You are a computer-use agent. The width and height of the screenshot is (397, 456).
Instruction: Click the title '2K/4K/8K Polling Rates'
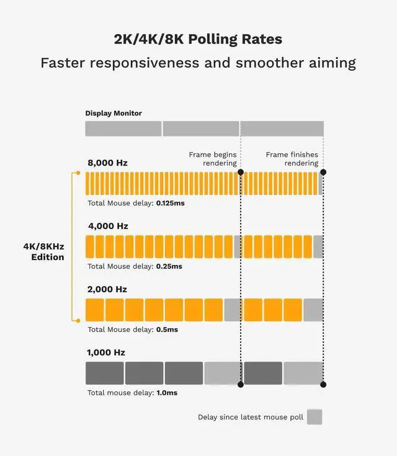pyautogui.click(x=198, y=39)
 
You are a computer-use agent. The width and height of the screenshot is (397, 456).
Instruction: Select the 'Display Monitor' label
pyautogui.click(x=114, y=113)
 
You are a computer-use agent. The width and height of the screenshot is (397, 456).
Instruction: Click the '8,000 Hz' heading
pyautogui.click(x=107, y=163)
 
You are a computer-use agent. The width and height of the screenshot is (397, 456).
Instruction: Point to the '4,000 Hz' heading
pyautogui.click(x=107, y=226)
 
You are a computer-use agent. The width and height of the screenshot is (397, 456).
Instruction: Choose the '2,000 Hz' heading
pyautogui.click(x=107, y=289)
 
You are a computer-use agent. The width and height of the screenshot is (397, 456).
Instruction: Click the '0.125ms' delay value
pyautogui.click(x=171, y=203)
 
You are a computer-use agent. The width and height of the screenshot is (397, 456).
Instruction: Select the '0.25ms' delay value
pyautogui.click(x=169, y=266)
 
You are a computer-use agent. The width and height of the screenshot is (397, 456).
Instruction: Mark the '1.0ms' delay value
pyautogui.click(x=166, y=393)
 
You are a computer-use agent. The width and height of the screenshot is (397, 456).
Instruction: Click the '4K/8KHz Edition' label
pyautogui.click(x=43, y=251)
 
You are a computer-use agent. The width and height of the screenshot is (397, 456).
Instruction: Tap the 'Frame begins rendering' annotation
pyautogui.click(x=213, y=159)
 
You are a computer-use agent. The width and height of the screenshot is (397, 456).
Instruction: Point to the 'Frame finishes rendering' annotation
pyautogui.click(x=292, y=159)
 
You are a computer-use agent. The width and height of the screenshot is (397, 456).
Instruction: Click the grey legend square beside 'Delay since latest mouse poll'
pyautogui.click(x=314, y=417)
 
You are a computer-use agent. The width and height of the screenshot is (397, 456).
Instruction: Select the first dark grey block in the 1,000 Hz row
pyautogui.click(x=105, y=373)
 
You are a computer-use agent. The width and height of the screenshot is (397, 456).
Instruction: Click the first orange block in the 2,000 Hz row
pyautogui.click(x=94, y=310)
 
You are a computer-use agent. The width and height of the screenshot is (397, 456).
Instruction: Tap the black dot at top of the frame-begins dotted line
pyautogui.click(x=241, y=172)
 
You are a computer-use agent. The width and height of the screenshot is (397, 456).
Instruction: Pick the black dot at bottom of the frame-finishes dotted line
pyautogui.click(x=323, y=385)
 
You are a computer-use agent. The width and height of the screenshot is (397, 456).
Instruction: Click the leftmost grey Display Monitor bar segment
pyautogui.click(x=123, y=128)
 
